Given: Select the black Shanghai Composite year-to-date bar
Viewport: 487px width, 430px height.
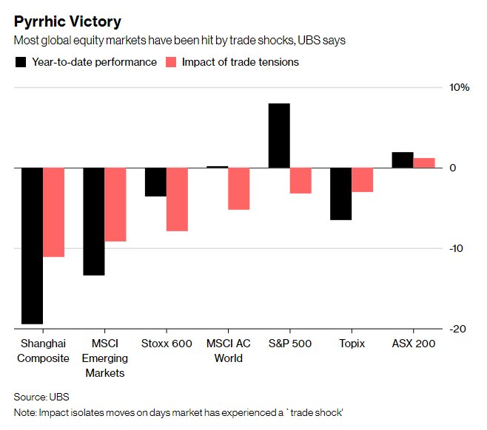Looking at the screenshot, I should [x=32, y=245].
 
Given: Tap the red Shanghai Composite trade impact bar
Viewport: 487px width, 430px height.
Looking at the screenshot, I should [x=54, y=212].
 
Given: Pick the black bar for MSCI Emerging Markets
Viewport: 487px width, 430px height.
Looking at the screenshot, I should [x=93, y=221].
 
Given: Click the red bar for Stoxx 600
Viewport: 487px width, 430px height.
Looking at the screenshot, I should [x=177, y=199].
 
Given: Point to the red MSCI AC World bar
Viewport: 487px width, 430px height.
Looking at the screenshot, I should [x=238, y=188].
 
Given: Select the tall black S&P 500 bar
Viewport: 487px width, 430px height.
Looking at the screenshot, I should [x=279, y=135].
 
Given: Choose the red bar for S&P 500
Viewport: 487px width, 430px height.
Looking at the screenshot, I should [x=300, y=180].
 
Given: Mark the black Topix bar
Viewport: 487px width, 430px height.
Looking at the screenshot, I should [x=340, y=194].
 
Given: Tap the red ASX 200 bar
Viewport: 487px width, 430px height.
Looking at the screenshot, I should [x=423, y=163].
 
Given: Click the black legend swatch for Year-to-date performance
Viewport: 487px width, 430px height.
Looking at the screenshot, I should [x=21, y=62].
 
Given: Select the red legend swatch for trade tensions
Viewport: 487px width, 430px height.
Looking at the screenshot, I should [x=171, y=62].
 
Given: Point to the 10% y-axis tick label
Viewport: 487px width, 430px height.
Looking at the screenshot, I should [x=460, y=88].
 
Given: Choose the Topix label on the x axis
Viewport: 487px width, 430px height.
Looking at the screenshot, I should [x=352, y=344].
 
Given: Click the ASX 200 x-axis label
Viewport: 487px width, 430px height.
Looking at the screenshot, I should [x=413, y=344].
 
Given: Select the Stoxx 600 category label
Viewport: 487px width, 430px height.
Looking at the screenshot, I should [x=167, y=344].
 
